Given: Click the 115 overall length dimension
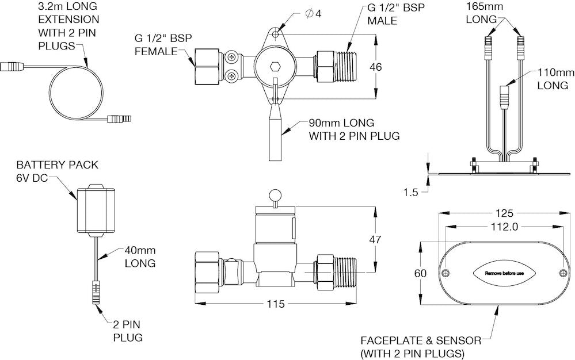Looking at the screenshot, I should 277,304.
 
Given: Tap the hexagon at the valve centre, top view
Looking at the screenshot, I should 276,67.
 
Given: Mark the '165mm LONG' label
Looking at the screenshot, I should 482,13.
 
